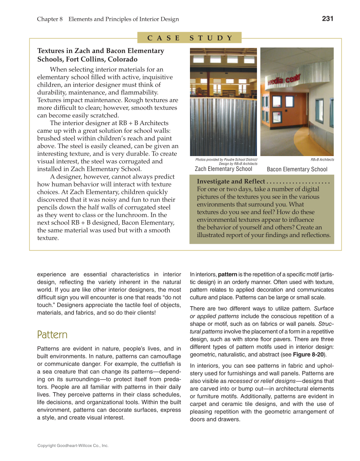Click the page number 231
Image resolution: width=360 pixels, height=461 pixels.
[328, 18]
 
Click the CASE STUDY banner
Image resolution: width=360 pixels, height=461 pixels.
[190, 38]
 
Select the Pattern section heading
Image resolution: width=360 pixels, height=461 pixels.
[52, 335]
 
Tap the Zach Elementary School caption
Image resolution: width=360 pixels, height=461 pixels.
[223, 169]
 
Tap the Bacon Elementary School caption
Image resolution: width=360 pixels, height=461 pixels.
[297, 169]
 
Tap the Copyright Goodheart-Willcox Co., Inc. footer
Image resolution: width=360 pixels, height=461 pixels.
[73, 446]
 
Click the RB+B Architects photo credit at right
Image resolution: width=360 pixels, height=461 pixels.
[322, 159]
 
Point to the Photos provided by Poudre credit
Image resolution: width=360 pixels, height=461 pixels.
[226, 159]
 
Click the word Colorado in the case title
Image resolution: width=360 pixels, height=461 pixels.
[123, 59]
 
